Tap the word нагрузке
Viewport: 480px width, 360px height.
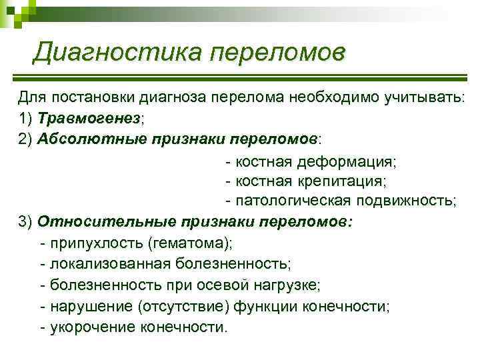tap(287, 285)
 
